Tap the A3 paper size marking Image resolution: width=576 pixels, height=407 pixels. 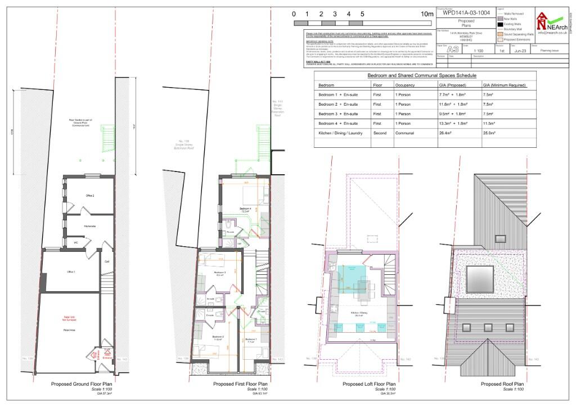pos(452,49)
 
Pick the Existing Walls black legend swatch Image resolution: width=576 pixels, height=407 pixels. pos(499,25)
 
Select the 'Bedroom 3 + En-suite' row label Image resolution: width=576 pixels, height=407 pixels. pos(338,114)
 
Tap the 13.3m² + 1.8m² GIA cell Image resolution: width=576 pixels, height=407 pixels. pos(453,123)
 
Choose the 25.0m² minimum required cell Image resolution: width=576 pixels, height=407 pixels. pos(490,133)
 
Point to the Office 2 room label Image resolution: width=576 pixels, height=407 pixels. pos(89,196)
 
